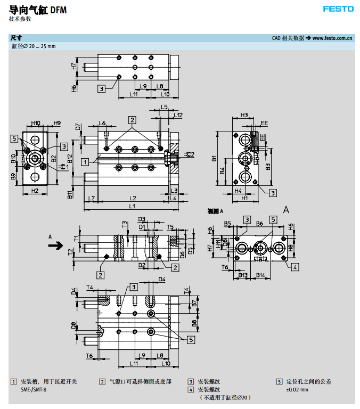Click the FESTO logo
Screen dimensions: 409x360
pyautogui.click(x=338, y=9)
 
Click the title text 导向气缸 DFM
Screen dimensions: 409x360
pyautogui.click(x=38, y=9)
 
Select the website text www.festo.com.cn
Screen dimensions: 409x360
pyautogui.click(x=333, y=38)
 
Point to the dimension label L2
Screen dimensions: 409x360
pyautogui.click(x=132, y=198)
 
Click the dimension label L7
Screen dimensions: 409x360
pyautogui.click(x=92, y=198)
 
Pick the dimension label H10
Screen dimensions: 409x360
pyautogui.click(x=36, y=124)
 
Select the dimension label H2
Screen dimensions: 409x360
pyautogui.click(x=35, y=190)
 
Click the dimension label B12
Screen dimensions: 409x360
pyautogui.click(x=70, y=158)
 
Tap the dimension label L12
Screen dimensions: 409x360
pyautogui.click(x=178, y=115)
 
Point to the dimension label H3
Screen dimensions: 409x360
pyautogui.click(x=244, y=115)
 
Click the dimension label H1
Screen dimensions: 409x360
pyautogui.click(x=244, y=198)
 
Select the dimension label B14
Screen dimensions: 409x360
pyautogui.click(x=261, y=275)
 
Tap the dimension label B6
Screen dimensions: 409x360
pyautogui.click(x=260, y=224)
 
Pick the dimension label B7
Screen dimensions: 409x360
pyautogui.click(x=194, y=303)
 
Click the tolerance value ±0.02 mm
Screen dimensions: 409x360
pyautogui.click(x=297, y=389)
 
